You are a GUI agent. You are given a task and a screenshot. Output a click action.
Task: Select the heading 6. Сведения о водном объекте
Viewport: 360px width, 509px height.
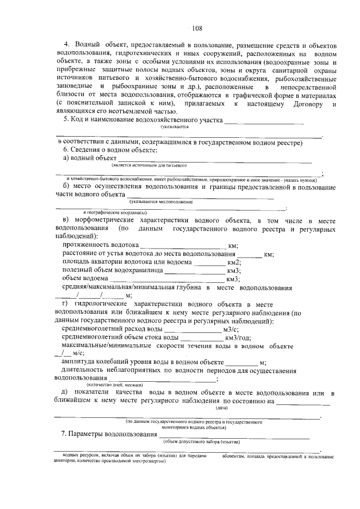click(110, 150)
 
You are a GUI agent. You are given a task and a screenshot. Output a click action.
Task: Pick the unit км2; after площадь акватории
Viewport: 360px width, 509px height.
click(234, 262)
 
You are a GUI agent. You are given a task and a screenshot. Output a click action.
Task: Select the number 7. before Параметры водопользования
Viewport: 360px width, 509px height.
click(64, 435)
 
